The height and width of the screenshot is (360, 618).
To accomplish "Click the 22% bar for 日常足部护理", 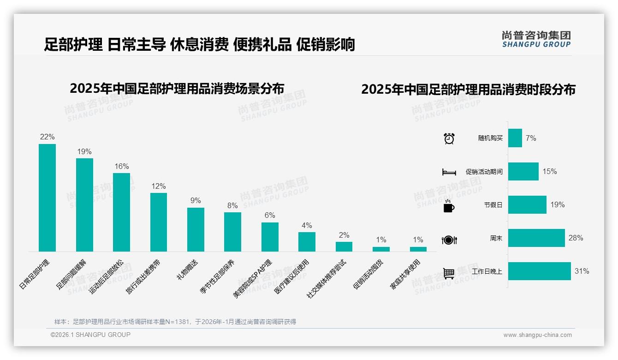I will (x=47, y=198).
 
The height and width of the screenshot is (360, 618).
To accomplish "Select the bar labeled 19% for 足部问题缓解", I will (x=84, y=205).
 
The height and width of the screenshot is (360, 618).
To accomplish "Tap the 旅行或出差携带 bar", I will (x=159, y=222).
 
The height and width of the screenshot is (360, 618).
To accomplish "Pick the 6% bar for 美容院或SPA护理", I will (x=270, y=237).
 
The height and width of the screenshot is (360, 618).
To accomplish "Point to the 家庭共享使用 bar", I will (x=418, y=249).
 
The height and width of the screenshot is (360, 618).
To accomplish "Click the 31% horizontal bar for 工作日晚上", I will (x=540, y=271).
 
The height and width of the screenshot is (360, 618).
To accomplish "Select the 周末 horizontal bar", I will (x=536, y=238).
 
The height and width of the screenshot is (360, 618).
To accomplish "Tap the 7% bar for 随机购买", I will (x=515, y=138).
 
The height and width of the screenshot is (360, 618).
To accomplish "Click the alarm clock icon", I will (x=449, y=138).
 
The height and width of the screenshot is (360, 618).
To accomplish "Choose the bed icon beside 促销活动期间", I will (x=449, y=172).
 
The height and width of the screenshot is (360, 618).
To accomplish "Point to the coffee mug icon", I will (x=449, y=206).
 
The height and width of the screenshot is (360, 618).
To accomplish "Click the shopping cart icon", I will (x=449, y=273).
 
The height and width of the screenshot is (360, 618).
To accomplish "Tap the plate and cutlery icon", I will (x=449, y=240).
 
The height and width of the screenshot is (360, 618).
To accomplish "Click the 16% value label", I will (x=122, y=167).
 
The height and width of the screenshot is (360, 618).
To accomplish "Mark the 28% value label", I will (x=576, y=238).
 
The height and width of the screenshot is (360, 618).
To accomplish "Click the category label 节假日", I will (x=493, y=205).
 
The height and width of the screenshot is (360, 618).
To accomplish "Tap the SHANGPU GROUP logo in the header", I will (x=536, y=39).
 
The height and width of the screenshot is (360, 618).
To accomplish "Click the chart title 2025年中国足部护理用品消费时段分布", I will (x=468, y=90).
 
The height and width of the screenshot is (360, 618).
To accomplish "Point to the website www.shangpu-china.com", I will (x=537, y=335).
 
